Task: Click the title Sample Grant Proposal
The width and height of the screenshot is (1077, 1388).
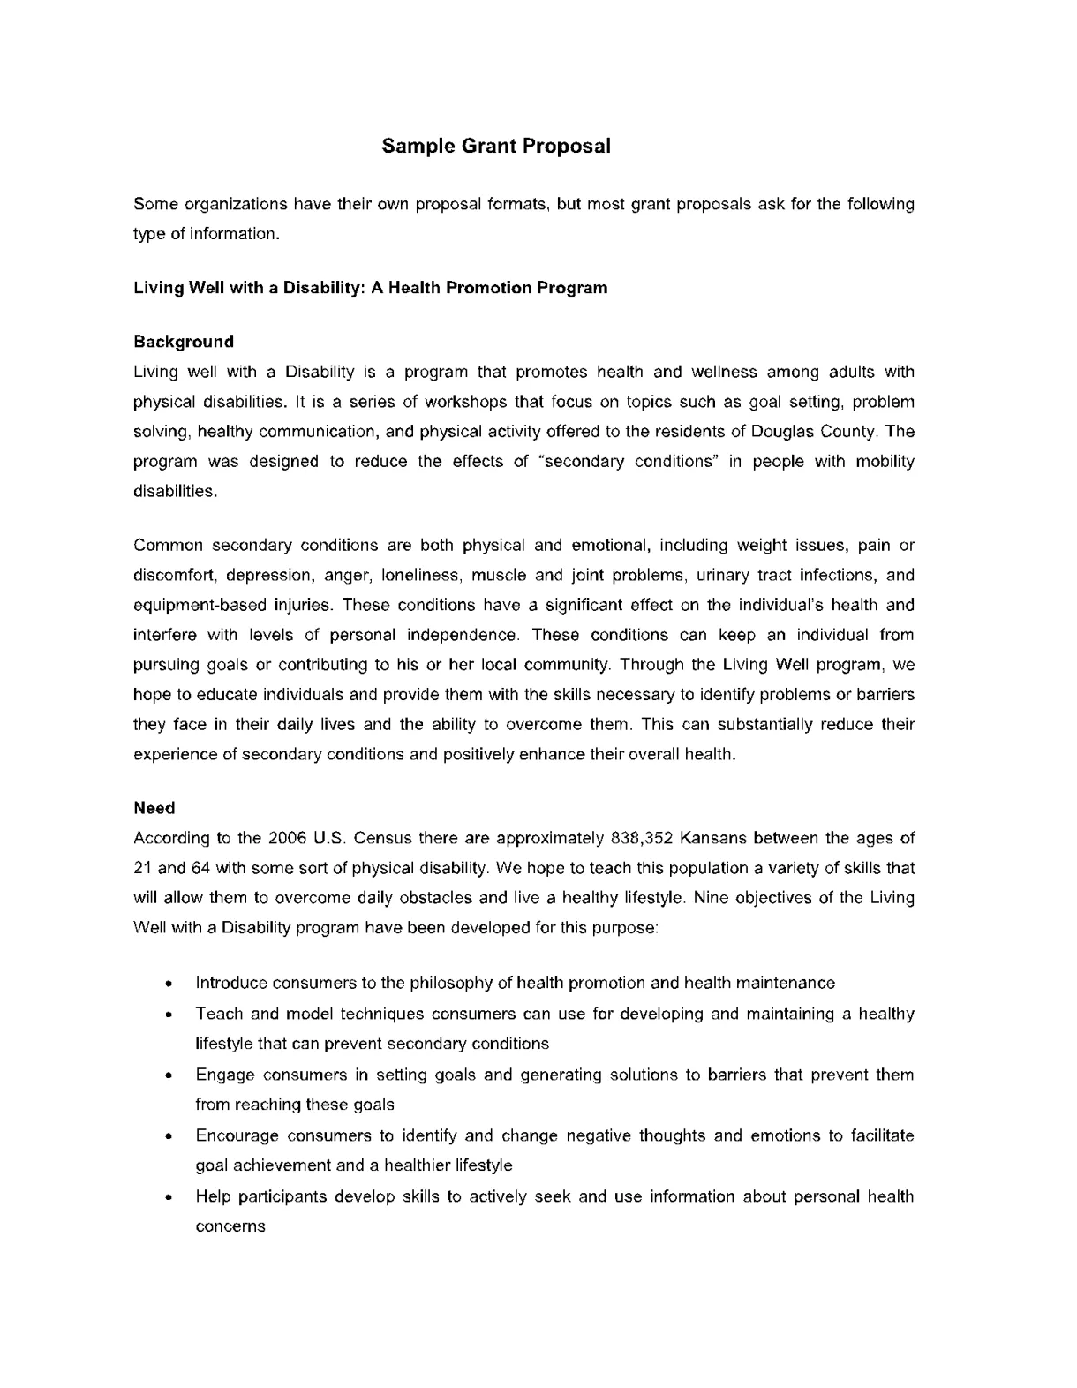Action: [495, 147]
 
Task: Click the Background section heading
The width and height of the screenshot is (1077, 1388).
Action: [183, 342]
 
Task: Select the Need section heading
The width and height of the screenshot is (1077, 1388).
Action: [154, 808]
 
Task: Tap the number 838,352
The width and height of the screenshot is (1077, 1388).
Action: [642, 838]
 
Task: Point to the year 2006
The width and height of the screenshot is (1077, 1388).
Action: [287, 838]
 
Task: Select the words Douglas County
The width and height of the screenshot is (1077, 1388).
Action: [814, 432]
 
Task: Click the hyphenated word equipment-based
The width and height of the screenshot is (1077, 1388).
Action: [188, 606]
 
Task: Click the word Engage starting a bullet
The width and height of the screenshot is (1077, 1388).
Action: [225, 1075]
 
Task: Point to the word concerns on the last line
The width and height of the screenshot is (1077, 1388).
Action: [230, 1227]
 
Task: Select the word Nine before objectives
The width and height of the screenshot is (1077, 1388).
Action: [712, 898]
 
